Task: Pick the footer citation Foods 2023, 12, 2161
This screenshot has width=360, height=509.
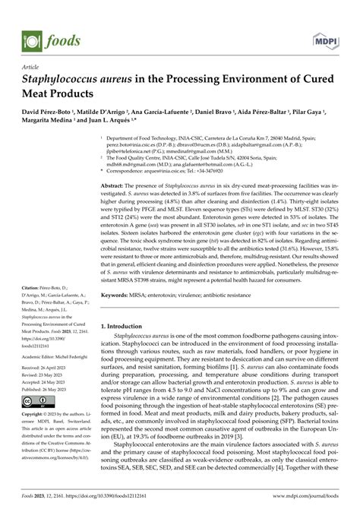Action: click(39, 500)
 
